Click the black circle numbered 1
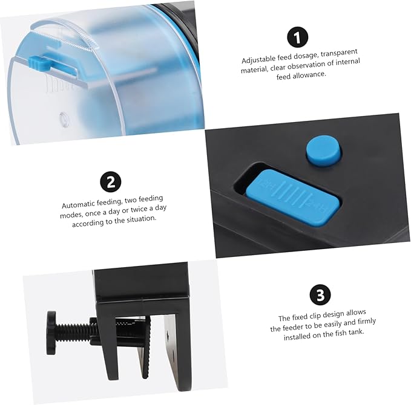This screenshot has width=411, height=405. point(297,37)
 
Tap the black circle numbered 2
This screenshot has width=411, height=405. point(111,182)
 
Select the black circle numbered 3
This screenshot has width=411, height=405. point(320,295)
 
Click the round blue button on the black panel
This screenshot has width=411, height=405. point(324,151)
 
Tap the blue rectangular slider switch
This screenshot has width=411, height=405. point(292,198)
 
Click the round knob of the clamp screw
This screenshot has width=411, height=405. point(51,332)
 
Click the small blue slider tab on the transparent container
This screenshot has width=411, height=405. point(39,63)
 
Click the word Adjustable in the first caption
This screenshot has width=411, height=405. point(258,59)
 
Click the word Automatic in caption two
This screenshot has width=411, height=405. point(78,204)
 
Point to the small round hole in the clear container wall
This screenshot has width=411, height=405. point(64,119)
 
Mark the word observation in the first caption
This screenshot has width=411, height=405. point(309,65)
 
